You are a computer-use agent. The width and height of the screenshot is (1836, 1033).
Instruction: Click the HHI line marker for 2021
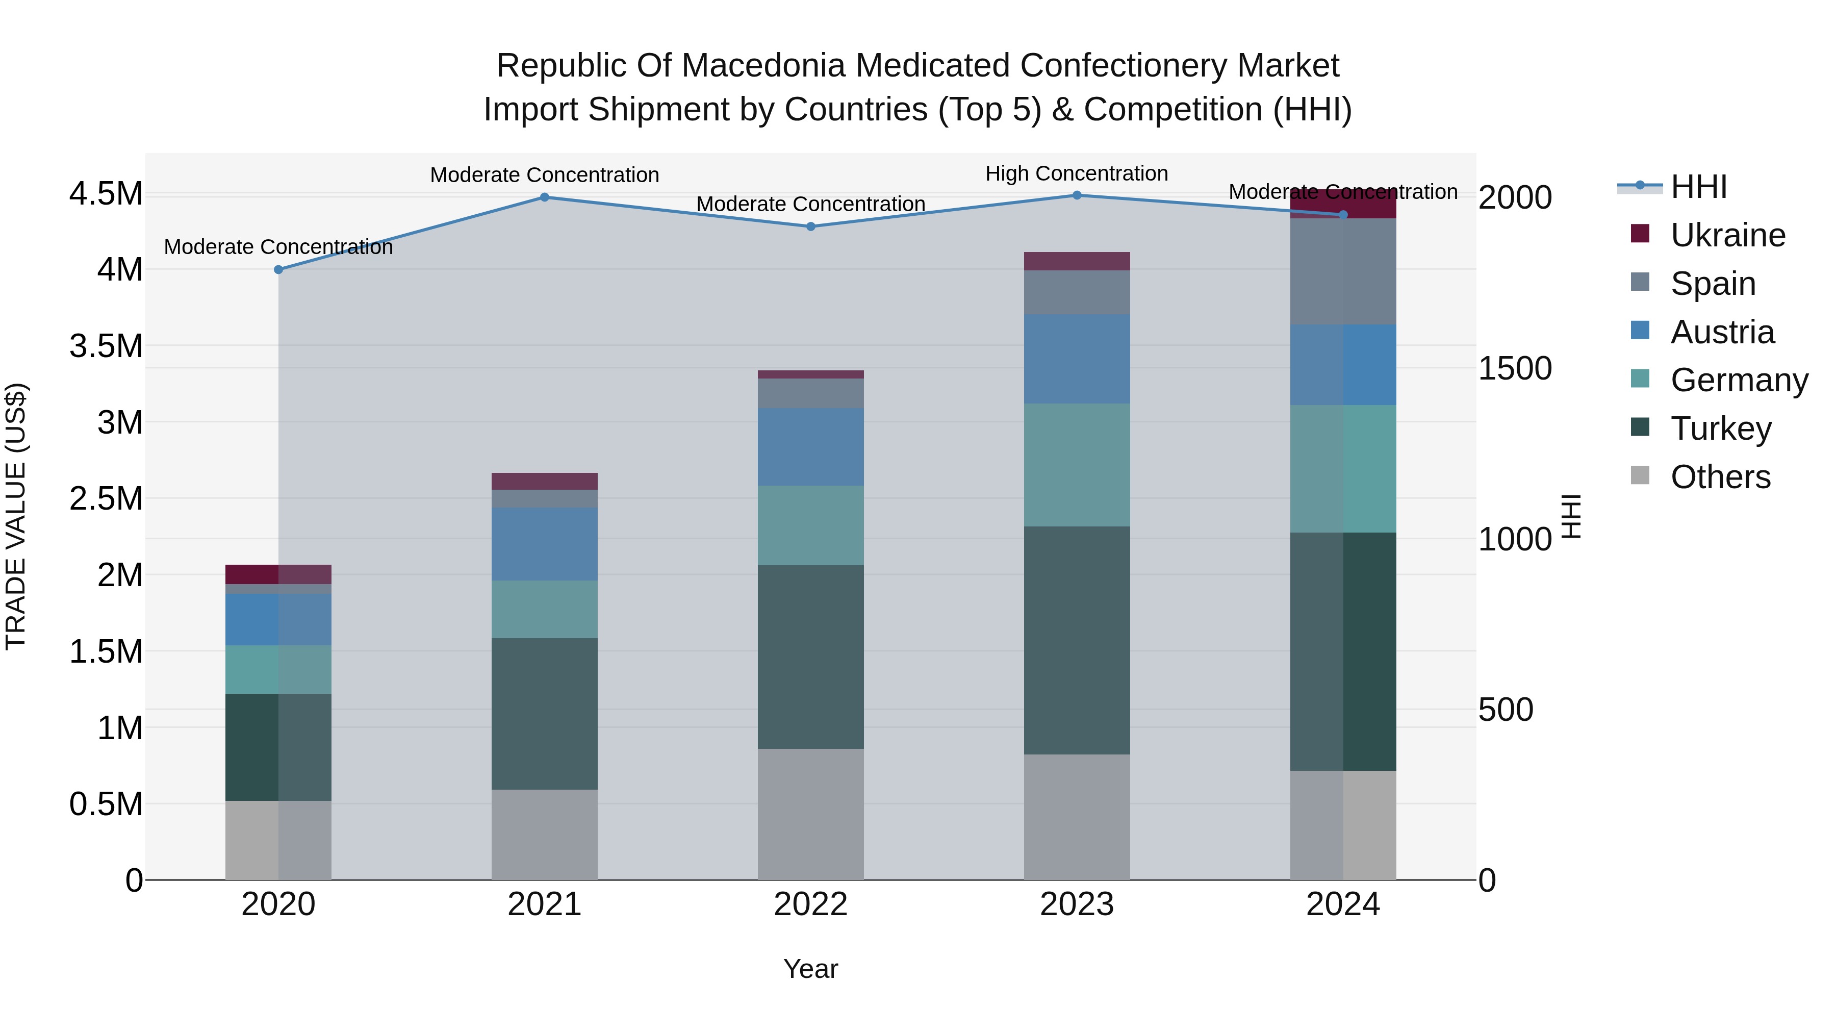pos(545,197)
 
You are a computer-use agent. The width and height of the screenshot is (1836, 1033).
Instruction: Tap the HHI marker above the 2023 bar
pos(1077,195)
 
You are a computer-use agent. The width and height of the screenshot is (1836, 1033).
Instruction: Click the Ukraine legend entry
pos(1728,235)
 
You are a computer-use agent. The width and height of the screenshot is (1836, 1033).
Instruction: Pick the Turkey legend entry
pos(1721,429)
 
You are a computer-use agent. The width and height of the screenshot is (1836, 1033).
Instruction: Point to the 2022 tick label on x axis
pos(810,904)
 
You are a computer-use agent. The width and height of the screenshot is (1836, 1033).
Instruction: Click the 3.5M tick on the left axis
pos(106,346)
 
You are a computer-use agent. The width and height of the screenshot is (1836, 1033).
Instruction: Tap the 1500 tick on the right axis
pos(1515,369)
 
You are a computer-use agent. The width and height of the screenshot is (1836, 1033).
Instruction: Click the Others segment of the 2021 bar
pos(545,834)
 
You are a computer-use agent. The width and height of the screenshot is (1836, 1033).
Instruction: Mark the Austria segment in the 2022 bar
pos(810,446)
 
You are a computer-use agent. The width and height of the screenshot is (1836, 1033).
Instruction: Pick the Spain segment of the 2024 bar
pos(1343,271)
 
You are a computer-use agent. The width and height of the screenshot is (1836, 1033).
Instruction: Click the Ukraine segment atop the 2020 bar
pos(278,574)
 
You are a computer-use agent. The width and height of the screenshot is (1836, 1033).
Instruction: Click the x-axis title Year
pos(810,969)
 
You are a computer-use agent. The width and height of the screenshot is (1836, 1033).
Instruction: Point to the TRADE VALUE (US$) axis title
pos(16,516)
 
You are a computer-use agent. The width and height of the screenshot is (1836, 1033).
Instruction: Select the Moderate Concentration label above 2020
pos(278,247)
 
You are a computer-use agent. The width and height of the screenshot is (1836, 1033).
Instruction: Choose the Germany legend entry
pos(1739,380)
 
